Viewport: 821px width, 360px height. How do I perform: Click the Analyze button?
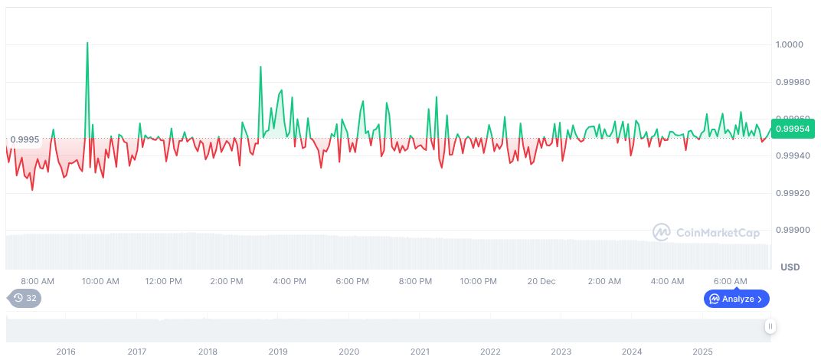click(736, 299)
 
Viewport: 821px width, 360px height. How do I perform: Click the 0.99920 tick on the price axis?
click(793, 193)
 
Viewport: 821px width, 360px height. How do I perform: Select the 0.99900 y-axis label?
click(793, 231)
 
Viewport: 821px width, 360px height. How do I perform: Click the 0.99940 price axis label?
click(793, 156)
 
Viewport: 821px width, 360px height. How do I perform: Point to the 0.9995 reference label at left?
click(25, 139)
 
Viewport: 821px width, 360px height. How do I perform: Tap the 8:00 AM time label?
click(38, 281)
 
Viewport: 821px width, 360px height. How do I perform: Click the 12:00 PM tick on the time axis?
click(163, 281)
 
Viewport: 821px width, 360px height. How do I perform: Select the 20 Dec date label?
click(541, 281)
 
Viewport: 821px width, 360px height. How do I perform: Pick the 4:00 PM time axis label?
click(289, 281)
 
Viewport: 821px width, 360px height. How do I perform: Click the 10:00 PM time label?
click(479, 281)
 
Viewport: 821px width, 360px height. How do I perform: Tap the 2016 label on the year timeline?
click(66, 352)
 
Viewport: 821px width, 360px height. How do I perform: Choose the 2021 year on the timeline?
click(420, 352)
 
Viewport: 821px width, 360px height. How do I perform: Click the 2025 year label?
click(702, 352)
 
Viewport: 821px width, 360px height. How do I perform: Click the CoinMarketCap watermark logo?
click(706, 231)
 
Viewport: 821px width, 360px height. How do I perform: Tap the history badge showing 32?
click(25, 299)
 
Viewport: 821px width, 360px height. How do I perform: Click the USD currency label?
click(790, 267)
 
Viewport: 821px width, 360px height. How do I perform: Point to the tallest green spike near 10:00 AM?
click(87, 44)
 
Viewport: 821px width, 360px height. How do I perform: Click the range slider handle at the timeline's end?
click(770, 326)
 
